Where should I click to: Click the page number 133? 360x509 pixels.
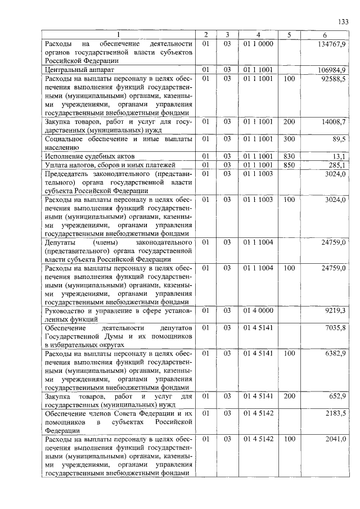coord(343,21)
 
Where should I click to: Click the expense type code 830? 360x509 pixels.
coord(289,156)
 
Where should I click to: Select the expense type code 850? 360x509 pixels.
coord(289,165)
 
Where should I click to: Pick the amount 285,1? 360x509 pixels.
coord(337,165)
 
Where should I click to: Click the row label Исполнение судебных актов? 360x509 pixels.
coord(90,156)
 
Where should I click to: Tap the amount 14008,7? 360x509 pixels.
coord(334,121)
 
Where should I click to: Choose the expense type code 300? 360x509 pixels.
coord(289,138)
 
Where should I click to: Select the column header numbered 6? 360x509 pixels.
coord(325,35)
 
